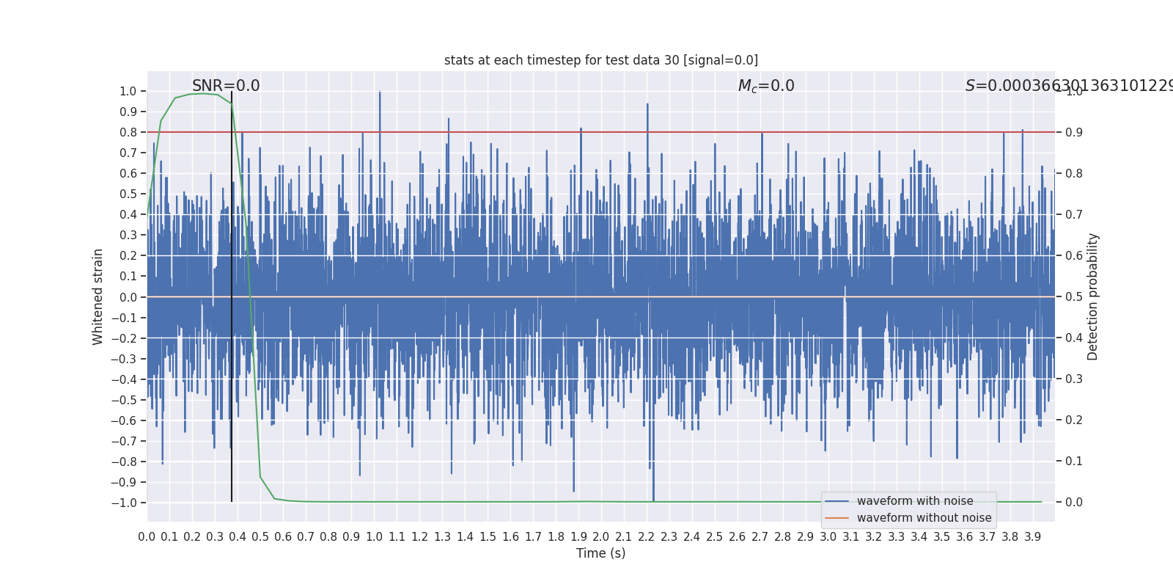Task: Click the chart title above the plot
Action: coord(600,60)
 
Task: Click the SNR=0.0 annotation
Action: coord(226,86)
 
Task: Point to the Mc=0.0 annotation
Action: coord(766,86)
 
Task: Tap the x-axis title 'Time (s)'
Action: coord(600,553)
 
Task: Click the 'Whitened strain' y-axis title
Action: coord(98,296)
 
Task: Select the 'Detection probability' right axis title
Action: coord(1093,296)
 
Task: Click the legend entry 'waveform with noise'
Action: coord(914,501)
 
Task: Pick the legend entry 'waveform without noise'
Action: coord(923,518)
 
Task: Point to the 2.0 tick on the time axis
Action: coord(601,537)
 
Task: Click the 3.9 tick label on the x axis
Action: coord(1032,537)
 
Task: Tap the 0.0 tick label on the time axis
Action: coord(147,537)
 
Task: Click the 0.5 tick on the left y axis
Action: coord(128,194)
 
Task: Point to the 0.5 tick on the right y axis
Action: coord(1074,297)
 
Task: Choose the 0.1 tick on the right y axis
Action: coord(1074,462)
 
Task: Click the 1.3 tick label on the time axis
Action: coord(442,537)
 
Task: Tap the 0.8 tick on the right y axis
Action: coord(1074,174)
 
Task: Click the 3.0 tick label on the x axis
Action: coord(828,537)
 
